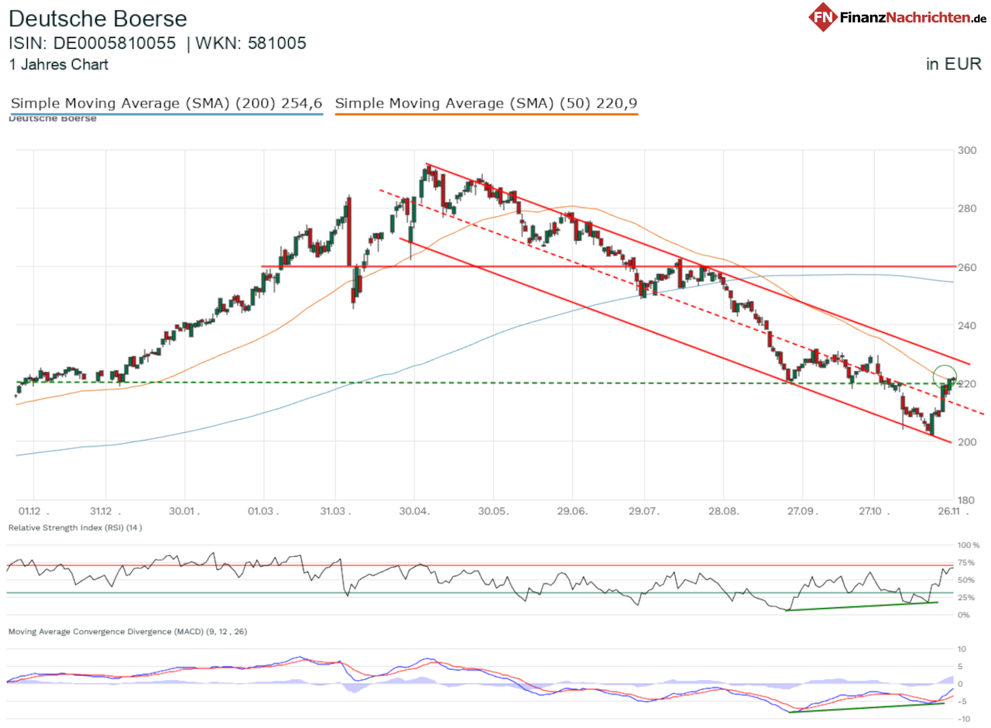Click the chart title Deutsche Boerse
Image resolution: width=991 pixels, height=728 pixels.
click(x=98, y=19)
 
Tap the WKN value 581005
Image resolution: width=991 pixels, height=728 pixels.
click(x=276, y=43)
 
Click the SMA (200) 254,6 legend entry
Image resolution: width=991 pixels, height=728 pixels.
click(x=166, y=104)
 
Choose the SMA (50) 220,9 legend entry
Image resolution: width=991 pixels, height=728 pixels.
click(x=486, y=104)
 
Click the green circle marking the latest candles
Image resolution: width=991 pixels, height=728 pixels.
click(x=945, y=376)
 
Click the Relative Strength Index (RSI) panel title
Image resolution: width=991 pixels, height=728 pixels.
click(x=74, y=527)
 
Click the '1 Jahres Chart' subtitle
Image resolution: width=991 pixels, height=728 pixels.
click(x=59, y=65)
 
